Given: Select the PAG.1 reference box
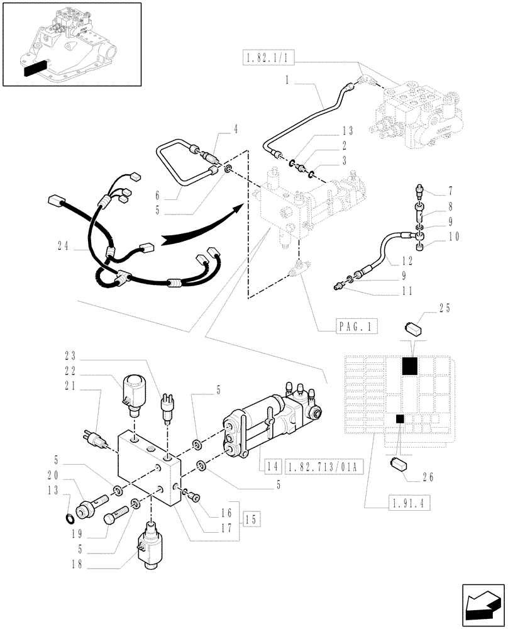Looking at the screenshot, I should (353, 326).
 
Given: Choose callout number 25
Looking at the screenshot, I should (445, 309).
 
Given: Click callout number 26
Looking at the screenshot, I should (428, 477).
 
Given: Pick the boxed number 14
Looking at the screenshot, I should (271, 467).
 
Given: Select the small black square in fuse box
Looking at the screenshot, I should (399, 419).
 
